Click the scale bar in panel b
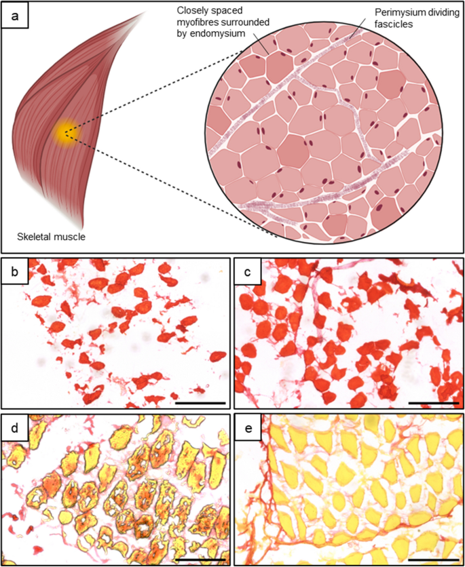click(x=200, y=402)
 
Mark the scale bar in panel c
click(x=434, y=402)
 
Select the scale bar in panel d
click(x=200, y=560)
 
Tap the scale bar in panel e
click(x=434, y=560)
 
